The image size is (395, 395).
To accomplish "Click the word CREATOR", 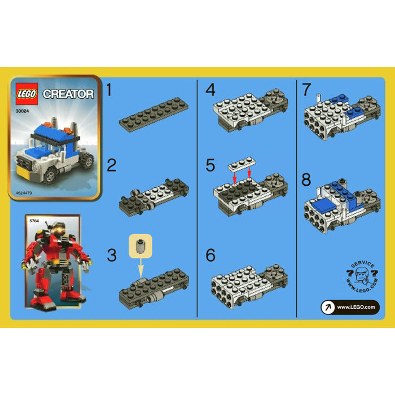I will pyautogui.click(x=68, y=94).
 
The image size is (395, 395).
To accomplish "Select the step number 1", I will pyautogui.click(x=111, y=90).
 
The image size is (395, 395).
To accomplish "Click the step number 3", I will pyautogui.click(x=112, y=256).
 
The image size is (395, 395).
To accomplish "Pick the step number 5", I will pyautogui.click(x=210, y=165).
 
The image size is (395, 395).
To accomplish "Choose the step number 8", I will pyautogui.click(x=306, y=181).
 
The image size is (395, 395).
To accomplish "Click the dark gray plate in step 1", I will pyautogui.click(x=153, y=113).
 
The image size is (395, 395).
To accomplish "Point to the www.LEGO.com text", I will pyautogui.click(x=356, y=307).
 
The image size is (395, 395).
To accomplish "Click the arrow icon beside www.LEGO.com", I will pyautogui.click(x=327, y=307).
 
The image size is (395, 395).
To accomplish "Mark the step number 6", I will pyautogui.click(x=210, y=256).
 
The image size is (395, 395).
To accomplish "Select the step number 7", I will pyautogui.click(x=306, y=90).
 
